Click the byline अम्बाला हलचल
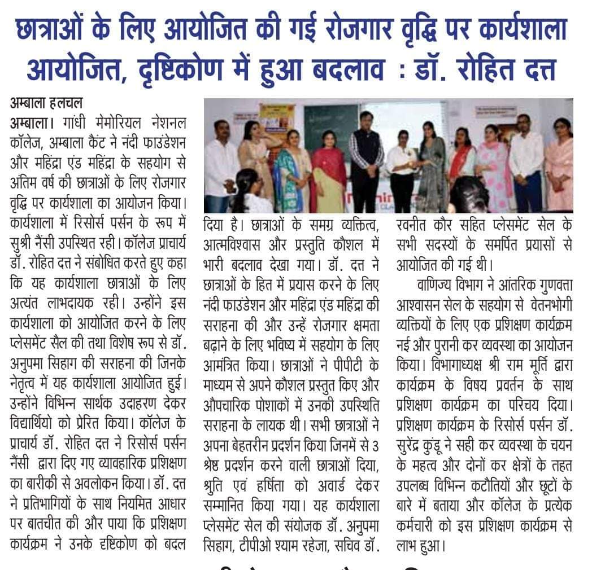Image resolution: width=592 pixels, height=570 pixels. pos(46,104)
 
